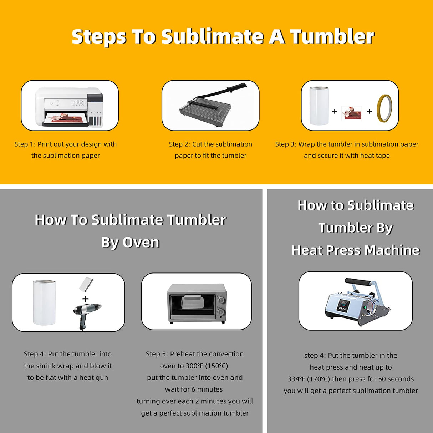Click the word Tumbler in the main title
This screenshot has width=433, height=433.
[332, 37]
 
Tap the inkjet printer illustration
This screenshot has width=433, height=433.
[69, 107]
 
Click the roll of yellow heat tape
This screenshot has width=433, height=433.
[384, 108]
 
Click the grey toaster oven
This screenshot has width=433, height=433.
[197, 303]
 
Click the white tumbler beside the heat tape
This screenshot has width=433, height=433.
[319, 106]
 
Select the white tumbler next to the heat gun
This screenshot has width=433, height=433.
[44, 302]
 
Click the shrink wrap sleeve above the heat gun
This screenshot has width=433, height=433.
[86, 284]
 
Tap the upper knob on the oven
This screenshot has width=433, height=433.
[221, 300]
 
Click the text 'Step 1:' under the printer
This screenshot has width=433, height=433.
[25, 144]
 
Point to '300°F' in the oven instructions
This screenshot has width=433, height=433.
[194, 366]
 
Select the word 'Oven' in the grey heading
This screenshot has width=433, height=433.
[141, 243]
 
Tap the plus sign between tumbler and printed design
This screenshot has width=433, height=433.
[335, 111]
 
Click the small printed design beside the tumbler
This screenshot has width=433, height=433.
[351, 113]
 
